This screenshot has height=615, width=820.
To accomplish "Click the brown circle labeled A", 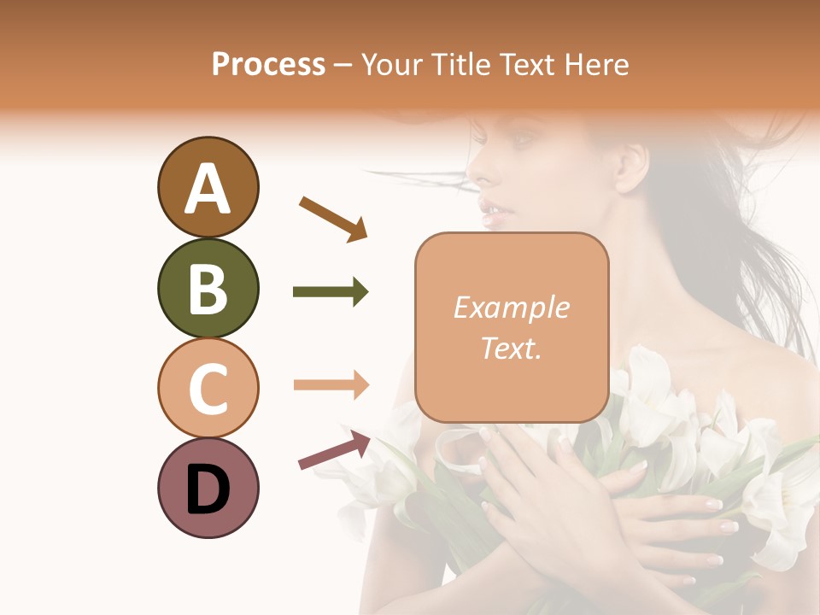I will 208,187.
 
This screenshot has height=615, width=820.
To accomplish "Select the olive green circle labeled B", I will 208,288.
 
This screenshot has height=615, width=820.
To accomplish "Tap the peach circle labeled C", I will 208,388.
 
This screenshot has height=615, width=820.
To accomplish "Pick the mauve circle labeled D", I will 208,488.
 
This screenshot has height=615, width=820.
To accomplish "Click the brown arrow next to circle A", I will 333,218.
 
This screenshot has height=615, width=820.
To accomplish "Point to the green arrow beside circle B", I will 331,292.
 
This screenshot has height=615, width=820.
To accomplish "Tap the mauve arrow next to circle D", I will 334,449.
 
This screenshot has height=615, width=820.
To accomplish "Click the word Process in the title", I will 268,64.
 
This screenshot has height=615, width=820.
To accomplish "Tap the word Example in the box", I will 511,307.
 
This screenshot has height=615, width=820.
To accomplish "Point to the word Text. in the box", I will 511,348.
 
